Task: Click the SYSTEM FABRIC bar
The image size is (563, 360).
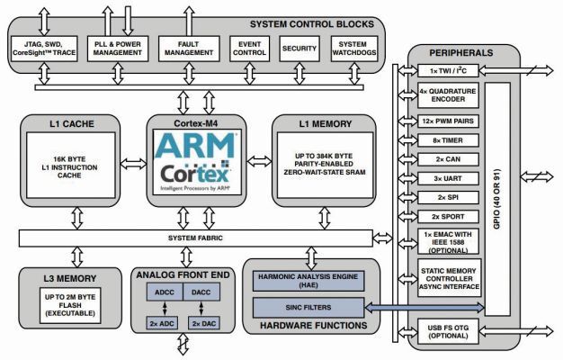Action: tap(195, 238)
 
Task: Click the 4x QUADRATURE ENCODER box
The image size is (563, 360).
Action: tap(448, 95)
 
